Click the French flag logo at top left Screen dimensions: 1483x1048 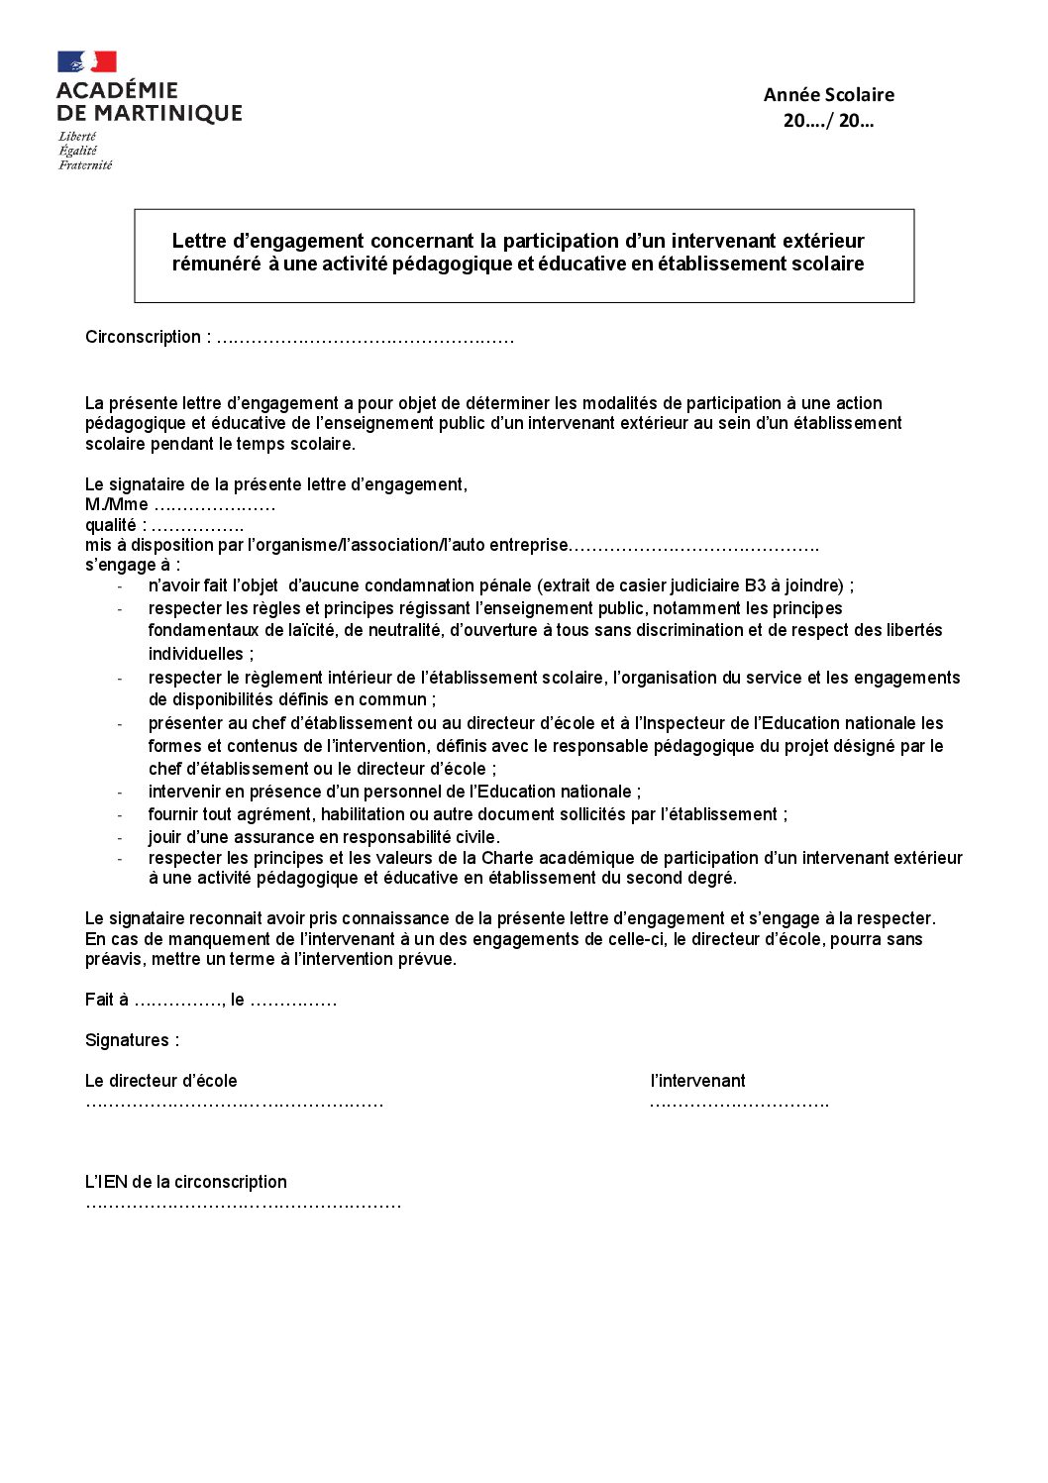click(x=87, y=62)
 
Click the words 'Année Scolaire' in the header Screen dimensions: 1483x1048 click(x=828, y=95)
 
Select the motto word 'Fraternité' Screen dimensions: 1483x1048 click(x=85, y=165)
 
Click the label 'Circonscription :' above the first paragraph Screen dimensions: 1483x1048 click(x=148, y=337)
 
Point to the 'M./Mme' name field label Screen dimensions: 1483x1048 click(x=117, y=505)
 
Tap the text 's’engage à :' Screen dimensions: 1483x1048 click(x=133, y=565)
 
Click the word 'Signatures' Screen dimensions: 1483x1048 click(x=127, y=1040)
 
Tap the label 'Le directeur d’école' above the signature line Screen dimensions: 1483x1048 click(x=161, y=1081)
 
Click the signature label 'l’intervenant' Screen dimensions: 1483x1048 click(x=697, y=1081)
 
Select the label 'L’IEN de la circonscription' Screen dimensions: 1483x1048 click(x=186, y=1182)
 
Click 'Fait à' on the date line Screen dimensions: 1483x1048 click(x=107, y=1001)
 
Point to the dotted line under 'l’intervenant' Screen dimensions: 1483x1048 click(x=739, y=1103)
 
